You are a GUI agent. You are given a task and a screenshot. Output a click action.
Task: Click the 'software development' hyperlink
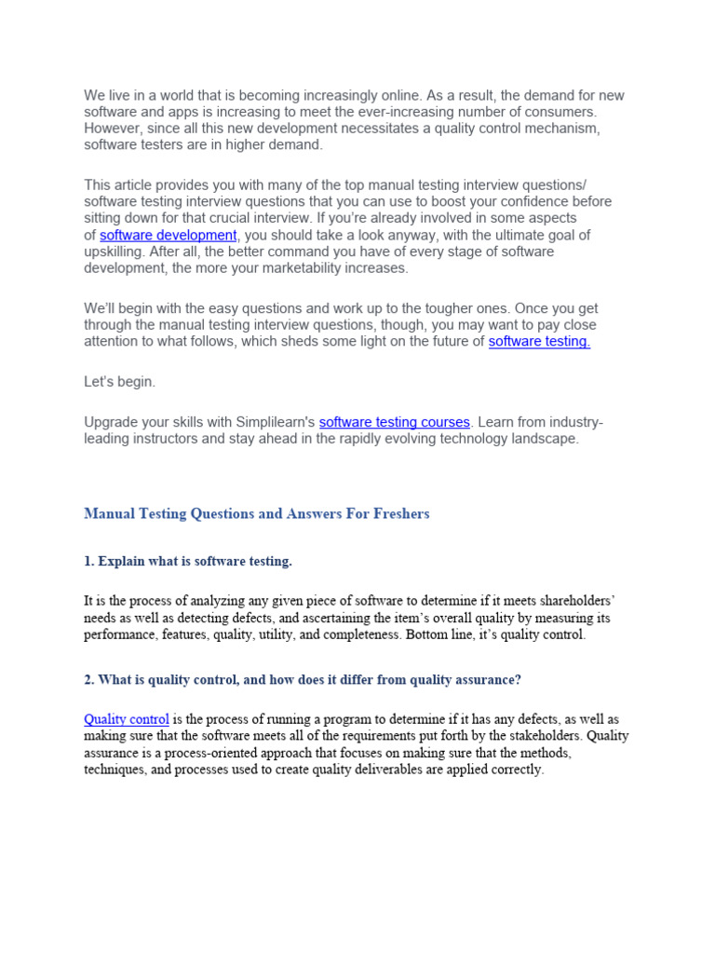tap(169, 235)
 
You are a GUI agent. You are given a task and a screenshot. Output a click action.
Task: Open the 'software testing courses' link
tap(394, 422)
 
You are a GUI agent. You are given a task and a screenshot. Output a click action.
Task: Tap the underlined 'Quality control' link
tap(127, 719)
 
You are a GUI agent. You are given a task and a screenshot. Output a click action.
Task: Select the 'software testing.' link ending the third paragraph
tap(539, 341)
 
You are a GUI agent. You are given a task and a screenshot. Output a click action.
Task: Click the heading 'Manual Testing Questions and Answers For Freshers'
tap(257, 513)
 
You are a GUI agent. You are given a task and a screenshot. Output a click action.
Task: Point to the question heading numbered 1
tap(188, 561)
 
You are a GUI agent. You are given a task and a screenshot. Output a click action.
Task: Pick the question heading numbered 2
tap(303, 680)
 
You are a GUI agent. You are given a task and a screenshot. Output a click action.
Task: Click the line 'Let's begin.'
tap(120, 382)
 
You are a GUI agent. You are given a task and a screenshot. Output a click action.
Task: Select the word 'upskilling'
tap(115, 252)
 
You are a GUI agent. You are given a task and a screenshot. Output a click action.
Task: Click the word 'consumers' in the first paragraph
tap(560, 112)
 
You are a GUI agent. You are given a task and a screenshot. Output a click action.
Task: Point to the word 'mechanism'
tap(564, 129)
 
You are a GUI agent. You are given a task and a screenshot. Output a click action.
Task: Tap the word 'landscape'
tap(546, 439)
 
